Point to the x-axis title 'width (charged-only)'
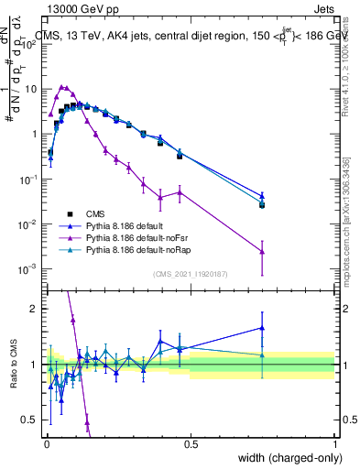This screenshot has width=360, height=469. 286,458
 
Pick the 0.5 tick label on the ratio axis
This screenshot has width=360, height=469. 31,420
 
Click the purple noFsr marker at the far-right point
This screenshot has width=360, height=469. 262,251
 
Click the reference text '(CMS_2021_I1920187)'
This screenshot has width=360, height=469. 190,273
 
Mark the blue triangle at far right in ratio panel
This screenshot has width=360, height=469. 262,327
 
